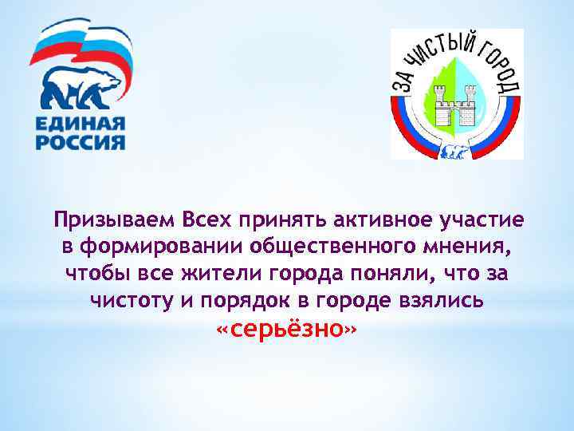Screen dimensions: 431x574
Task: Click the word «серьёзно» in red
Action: point(287,330)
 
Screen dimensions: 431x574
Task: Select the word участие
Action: point(486,219)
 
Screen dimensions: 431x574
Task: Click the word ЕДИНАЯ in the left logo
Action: point(81,125)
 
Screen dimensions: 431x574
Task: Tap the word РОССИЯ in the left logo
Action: point(81,144)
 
